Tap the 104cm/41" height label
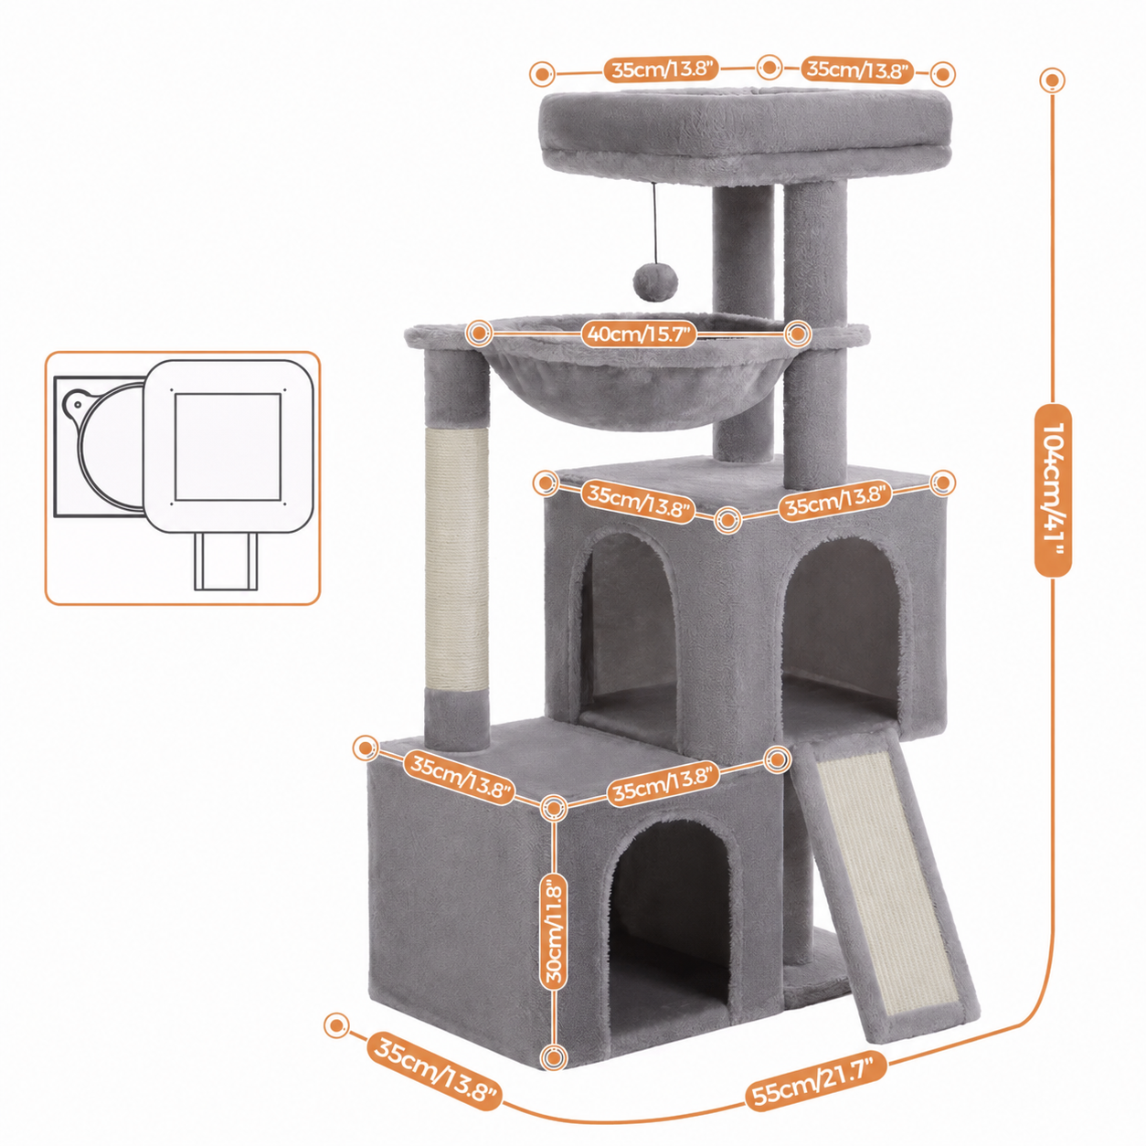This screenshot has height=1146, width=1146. click(x=1053, y=491)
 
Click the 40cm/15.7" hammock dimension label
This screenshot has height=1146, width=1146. click(x=639, y=334)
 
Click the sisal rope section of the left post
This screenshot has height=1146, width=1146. click(x=457, y=559)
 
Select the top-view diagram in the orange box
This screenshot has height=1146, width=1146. click(x=183, y=478)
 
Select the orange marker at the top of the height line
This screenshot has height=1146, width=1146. click(x=1052, y=80)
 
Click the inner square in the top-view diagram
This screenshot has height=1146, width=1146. click(x=228, y=447)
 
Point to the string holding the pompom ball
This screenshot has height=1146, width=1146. click(x=654, y=222)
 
